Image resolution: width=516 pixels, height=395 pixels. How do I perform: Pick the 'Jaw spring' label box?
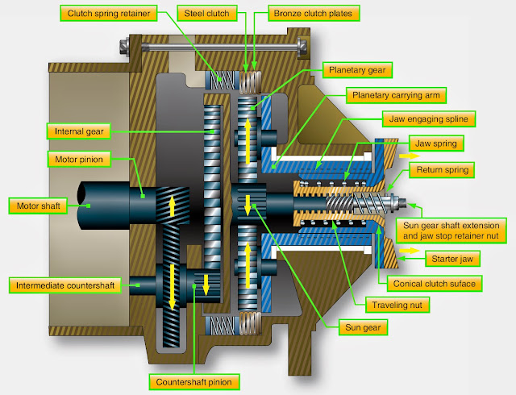tap(439, 145)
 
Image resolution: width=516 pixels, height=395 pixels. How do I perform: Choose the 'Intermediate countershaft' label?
tap(66, 285)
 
